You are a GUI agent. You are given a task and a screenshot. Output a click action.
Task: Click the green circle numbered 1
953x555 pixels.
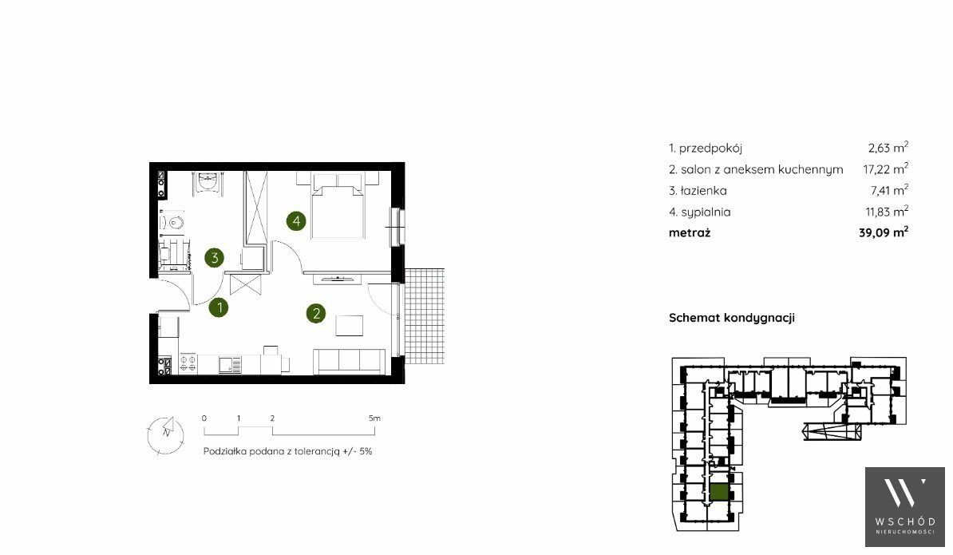tap(219, 307)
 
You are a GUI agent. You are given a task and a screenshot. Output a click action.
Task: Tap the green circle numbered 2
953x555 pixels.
tap(316, 314)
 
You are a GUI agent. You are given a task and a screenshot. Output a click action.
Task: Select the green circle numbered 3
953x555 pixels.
tap(214, 258)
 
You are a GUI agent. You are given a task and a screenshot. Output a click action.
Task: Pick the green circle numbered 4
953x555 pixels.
tap(296, 220)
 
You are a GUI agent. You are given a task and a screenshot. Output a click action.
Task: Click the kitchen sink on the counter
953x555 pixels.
tap(230, 364)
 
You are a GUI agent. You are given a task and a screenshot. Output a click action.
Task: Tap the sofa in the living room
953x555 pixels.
tap(350, 362)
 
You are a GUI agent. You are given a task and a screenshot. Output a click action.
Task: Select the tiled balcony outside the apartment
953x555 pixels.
tap(425, 316)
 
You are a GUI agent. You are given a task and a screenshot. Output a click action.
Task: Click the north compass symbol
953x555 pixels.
tap(165, 434)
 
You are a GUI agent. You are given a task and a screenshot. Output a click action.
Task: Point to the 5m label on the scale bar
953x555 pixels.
tap(374, 418)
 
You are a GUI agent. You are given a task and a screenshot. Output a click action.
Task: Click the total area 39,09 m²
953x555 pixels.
tap(884, 232)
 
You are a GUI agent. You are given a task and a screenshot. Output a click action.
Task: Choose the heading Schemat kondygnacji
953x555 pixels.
tap(732, 318)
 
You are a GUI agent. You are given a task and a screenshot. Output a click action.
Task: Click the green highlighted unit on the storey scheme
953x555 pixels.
tap(720, 492)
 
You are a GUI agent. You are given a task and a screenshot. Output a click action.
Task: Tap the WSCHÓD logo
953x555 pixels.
tap(905, 507)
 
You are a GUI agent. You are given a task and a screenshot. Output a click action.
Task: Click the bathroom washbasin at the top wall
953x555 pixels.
tap(208, 181)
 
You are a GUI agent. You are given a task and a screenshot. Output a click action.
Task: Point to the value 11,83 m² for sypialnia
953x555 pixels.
tap(887, 212)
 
